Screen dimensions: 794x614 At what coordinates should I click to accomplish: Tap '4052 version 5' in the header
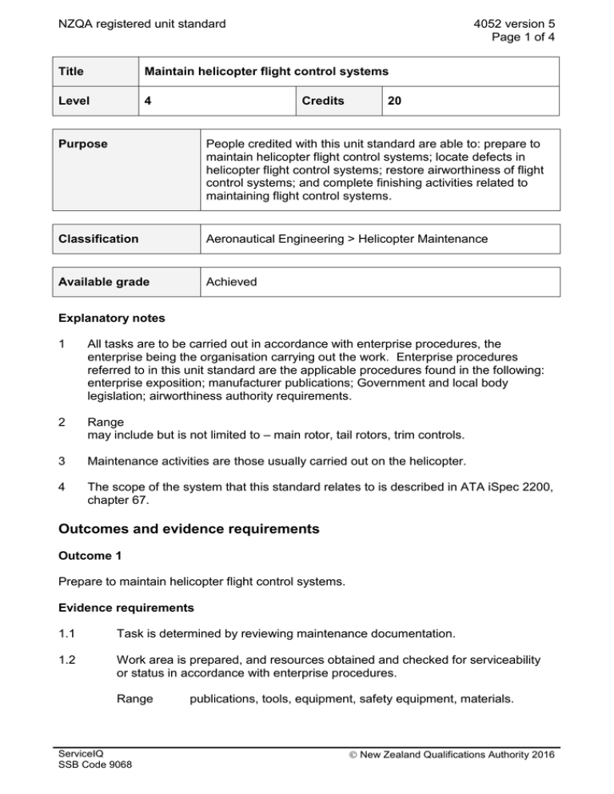513,23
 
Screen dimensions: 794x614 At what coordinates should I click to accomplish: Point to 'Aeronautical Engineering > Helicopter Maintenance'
351,238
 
